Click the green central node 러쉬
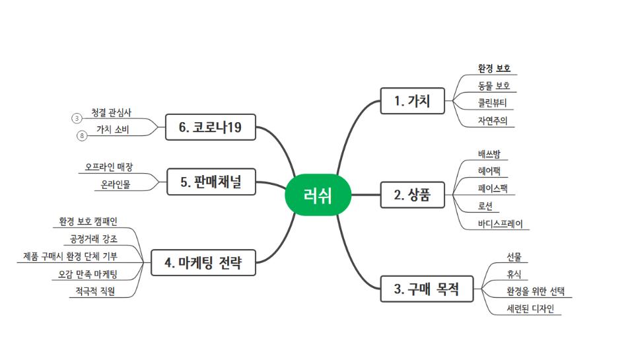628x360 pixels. (x=318, y=196)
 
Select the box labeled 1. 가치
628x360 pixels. (x=412, y=101)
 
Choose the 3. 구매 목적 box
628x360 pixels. (x=427, y=289)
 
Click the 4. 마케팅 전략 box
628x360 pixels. (x=203, y=264)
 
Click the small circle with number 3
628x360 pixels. (x=77, y=118)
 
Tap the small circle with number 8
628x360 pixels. (x=82, y=136)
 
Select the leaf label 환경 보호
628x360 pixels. (x=495, y=68)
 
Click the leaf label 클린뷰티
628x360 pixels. (x=492, y=102)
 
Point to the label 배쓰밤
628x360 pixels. (x=493, y=155)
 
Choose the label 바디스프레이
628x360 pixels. (x=500, y=223)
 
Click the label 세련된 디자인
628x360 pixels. (x=530, y=308)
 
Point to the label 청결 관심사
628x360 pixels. (x=112, y=112)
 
